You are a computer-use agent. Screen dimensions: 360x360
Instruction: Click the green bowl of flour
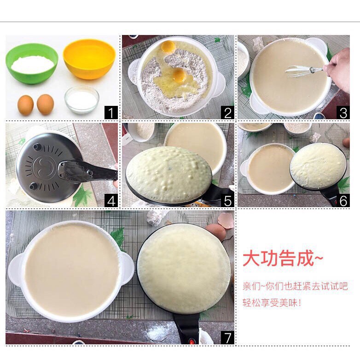point(32,64)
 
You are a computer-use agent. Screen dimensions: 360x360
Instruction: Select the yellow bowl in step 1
point(89,59)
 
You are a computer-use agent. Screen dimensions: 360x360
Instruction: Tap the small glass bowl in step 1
point(82,100)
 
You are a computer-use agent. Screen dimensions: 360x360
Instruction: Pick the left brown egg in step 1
point(25,105)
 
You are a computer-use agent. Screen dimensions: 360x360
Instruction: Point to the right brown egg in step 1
point(46,105)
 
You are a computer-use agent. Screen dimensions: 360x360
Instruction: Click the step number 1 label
point(111,112)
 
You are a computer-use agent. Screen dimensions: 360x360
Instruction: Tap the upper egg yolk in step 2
point(168,46)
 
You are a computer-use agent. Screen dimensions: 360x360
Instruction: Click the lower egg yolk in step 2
point(179,75)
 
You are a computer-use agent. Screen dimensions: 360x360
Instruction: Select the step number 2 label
point(227,112)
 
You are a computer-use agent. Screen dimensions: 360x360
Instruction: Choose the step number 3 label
point(343,112)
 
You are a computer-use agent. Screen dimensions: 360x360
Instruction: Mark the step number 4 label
point(111,200)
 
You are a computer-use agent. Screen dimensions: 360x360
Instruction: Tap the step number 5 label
point(227,200)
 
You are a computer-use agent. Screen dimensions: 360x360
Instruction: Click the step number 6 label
point(343,200)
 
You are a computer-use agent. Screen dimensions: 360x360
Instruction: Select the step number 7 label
point(227,337)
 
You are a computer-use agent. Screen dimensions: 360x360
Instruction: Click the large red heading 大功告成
point(279,259)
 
